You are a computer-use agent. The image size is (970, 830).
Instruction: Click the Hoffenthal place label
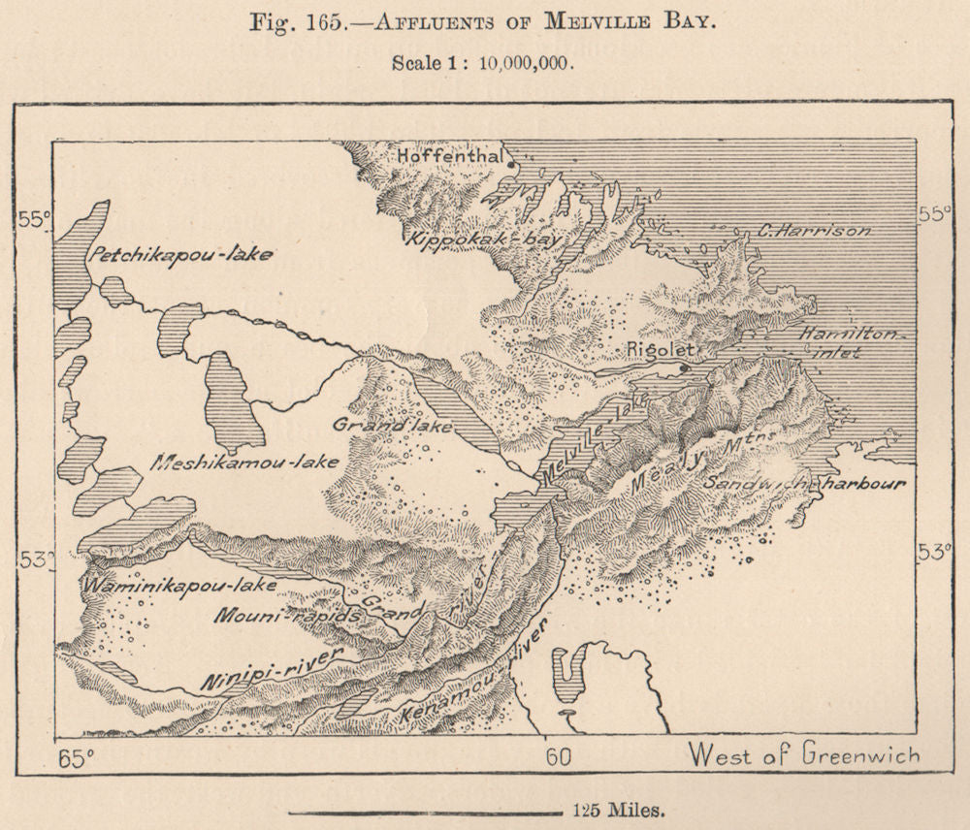pyautogui.click(x=449, y=155)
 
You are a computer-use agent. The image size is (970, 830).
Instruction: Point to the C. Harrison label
pyautogui.click(x=814, y=231)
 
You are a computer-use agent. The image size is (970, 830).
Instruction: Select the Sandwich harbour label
pyautogui.click(x=804, y=483)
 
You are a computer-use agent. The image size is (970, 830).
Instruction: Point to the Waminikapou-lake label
pyautogui.click(x=179, y=586)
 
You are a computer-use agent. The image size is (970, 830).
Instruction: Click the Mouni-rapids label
pyautogui.click(x=277, y=616)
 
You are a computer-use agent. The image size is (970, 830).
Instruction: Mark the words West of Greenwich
pyautogui.click(x=803, y=754)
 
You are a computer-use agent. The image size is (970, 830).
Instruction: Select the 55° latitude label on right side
pyautogui.click(x=933, y=214)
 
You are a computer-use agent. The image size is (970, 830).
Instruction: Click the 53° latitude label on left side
pyautogui.click(x=34, y=560)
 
